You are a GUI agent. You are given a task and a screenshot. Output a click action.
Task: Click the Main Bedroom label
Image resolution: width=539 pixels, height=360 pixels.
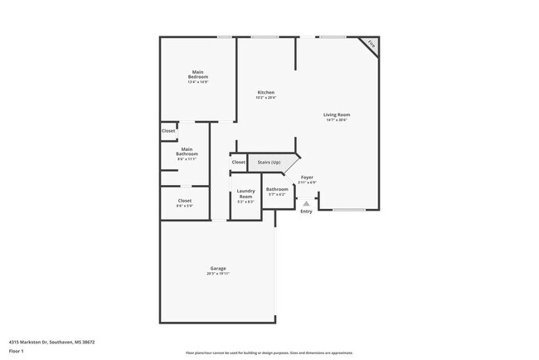coord(197,74)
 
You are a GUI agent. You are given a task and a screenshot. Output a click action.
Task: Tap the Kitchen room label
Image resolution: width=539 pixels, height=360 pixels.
coord(265,92)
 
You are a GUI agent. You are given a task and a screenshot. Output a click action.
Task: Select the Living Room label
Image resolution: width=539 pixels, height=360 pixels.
coord(337,114)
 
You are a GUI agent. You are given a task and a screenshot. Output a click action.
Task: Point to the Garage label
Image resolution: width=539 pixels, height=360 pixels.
coord(218,268)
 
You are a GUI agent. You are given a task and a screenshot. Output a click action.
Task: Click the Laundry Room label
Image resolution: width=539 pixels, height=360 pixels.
coord(245,193)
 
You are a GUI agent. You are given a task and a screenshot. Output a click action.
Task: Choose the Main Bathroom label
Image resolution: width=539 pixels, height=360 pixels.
coord(187,151)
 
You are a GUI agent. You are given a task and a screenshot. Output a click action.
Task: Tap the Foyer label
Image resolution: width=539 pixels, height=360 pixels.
coord(307,178)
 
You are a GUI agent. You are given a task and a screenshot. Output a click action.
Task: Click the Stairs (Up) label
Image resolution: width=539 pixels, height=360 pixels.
coord(269,162)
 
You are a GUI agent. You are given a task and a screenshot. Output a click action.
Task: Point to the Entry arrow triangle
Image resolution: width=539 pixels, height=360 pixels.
coord(306,202)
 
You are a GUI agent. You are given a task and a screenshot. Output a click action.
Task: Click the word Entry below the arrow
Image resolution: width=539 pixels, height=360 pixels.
coord(306,212)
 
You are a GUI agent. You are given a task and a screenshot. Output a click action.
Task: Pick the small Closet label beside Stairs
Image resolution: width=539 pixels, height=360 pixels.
coord(239,162)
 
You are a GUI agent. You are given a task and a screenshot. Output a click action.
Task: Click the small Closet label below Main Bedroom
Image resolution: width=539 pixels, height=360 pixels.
coord(168,131)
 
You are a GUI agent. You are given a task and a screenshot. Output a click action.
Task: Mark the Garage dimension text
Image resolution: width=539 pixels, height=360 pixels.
coord(218,273)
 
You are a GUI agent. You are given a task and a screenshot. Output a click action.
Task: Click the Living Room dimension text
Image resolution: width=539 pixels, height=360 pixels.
coord(337,119)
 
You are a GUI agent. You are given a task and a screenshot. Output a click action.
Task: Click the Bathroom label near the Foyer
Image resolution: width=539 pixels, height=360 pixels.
coord(276,189)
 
